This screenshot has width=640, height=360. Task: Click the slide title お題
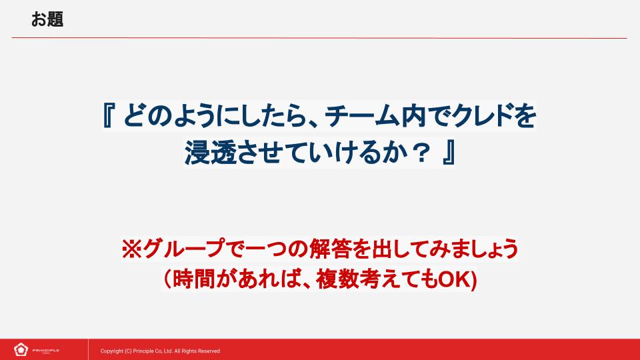tap(47, 19)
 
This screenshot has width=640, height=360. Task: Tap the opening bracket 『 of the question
tap(108, 115)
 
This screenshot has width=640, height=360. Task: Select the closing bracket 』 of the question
tap(449, 153)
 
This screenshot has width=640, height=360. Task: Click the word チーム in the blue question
tap(362, 115)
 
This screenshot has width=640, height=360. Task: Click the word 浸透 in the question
tap(210, 153)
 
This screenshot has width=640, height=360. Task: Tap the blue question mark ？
tap(420, 153)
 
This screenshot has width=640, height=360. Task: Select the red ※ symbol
tap(131, 249)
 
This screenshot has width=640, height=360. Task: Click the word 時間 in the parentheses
tap(194, 279)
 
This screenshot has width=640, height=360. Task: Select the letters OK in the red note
tap(455, 279)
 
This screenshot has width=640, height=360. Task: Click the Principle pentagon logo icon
tap(21, 350)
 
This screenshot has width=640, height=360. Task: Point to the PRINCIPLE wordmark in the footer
tap(46, 350)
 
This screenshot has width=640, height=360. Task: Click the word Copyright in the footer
tap(112, 351)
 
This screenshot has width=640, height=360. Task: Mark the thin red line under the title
tap(319, 38)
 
